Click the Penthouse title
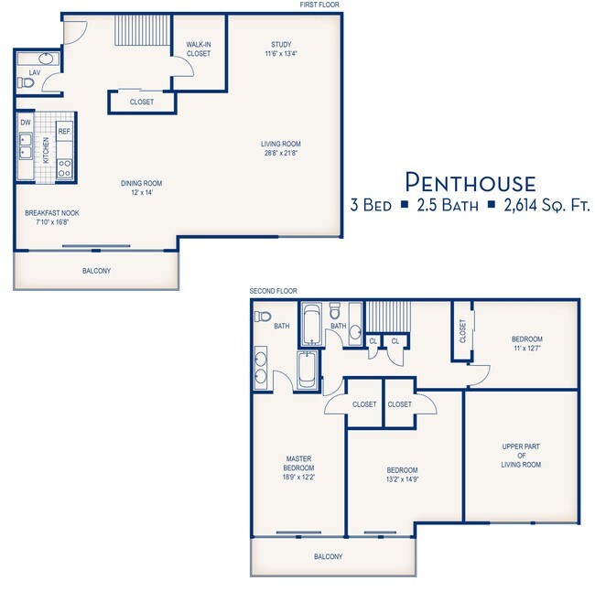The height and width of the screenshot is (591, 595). pos(471,182)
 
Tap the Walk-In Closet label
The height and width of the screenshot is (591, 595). pos(199,48)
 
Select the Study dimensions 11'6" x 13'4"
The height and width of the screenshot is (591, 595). pos(281,53)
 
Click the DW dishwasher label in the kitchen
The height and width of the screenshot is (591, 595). pos(26,123)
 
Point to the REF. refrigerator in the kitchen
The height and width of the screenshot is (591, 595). pos(64,131)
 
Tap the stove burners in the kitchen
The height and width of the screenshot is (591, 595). pos(64,168)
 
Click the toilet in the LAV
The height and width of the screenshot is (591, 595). pos(26,82)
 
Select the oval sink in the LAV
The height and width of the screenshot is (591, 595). pos(46,59)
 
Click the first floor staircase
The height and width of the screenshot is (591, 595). pos(143,30)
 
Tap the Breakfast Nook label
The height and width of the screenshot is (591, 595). pos(52,213)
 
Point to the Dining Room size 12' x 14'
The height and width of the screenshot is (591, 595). pos(142,192)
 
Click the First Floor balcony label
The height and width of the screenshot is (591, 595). pos(96,271)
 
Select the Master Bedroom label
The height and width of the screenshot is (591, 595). pos(298,463)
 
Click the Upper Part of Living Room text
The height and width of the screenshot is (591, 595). pos(521,456)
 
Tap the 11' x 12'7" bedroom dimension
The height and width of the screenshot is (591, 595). pos(527,349)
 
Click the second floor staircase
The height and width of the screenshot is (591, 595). pos(388,317)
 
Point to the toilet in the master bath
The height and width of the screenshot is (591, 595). pos(263,316)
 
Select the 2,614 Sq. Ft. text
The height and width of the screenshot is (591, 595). pos(546,205)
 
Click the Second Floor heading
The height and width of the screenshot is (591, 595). pos(273,291)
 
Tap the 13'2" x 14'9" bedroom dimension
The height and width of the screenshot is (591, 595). pos(402,479)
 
